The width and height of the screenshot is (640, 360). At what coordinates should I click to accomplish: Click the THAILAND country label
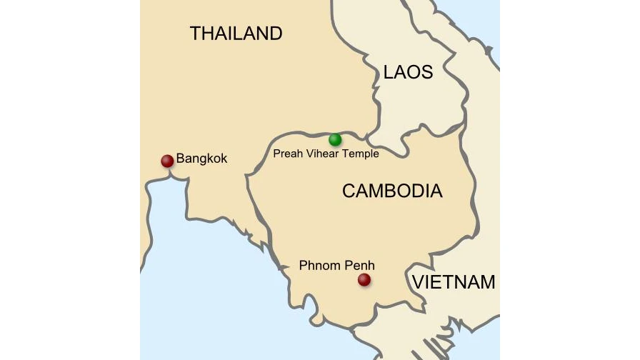(236, 33)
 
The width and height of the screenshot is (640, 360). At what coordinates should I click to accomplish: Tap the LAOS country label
(408, 72)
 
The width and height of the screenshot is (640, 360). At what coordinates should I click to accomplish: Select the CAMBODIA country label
(392, 191)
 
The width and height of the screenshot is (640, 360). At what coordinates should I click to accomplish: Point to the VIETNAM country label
(454, 282)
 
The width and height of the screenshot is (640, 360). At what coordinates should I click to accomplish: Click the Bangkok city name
(201, 159)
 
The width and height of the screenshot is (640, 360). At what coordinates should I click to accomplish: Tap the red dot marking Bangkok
(167, 161)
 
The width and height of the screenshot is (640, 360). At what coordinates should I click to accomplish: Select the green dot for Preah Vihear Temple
(335, 139)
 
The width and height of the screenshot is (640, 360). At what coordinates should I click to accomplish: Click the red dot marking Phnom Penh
(364, 279)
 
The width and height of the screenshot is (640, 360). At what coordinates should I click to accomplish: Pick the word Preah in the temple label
(287, 154)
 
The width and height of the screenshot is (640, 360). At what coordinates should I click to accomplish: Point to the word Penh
(360, 266)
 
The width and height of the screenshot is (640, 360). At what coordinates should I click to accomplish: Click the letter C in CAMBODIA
(349, 191)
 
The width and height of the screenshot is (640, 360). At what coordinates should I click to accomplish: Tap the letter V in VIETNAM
(418, 282)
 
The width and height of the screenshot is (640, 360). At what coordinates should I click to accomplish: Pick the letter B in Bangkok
(181, 159)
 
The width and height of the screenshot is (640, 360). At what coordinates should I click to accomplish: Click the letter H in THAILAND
(208, 33)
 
